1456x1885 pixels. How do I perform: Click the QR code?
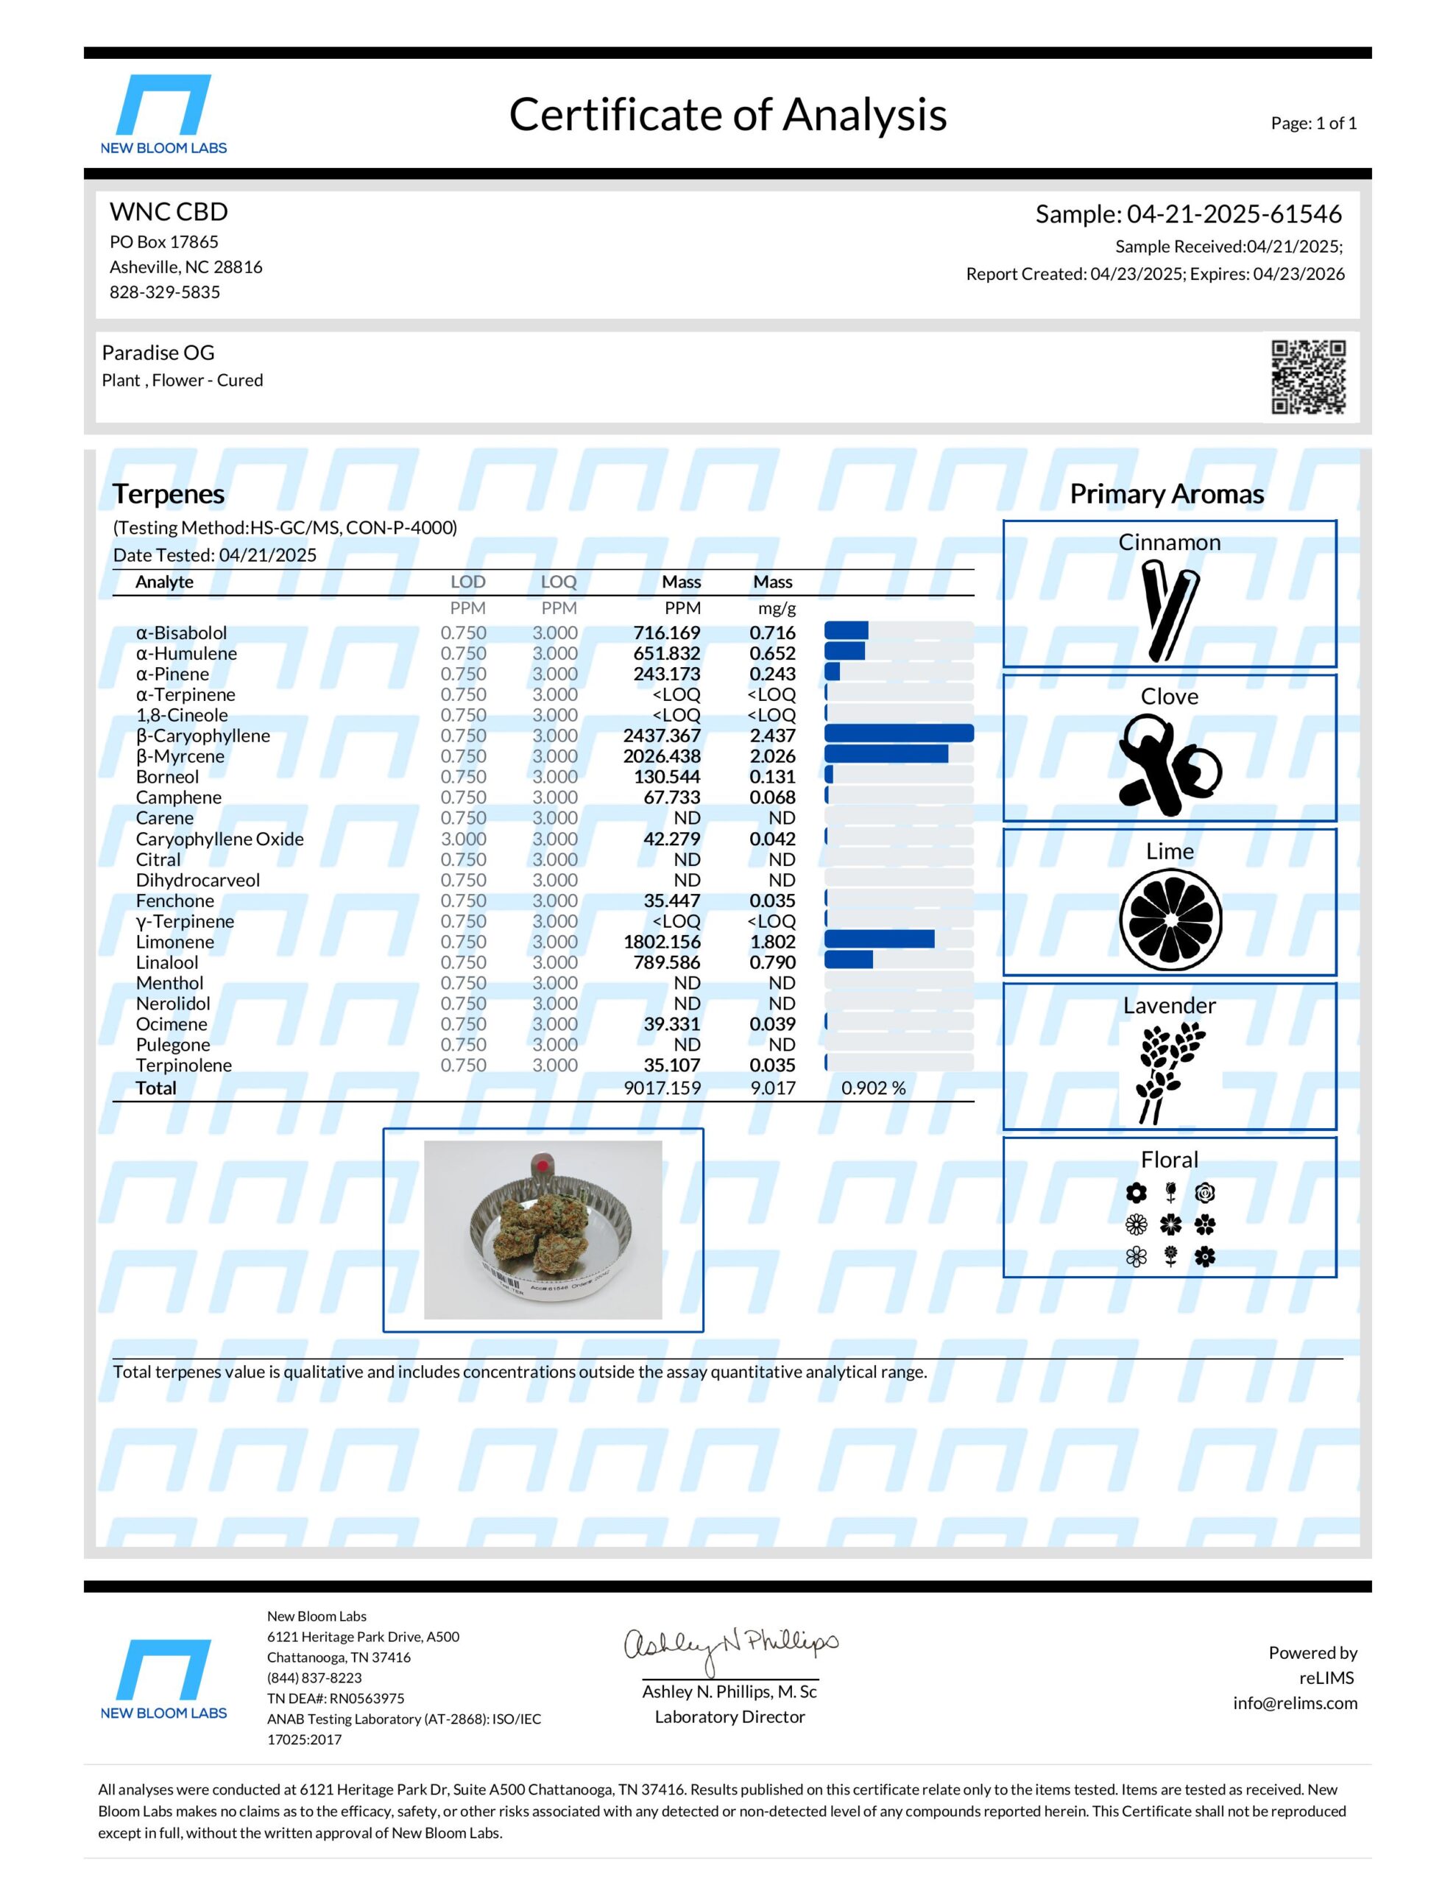(x=1307, y=377)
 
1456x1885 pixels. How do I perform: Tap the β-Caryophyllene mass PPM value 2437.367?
(x=661, y=736)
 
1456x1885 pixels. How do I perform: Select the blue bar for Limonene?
(x=879, y=939)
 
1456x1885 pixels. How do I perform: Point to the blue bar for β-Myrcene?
(x=886, y=754)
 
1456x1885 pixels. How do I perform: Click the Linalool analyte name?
(x=166, y=962)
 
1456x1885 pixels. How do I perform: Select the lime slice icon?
(x=1170, y=919)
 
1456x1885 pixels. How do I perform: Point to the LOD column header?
(x=467, y=582)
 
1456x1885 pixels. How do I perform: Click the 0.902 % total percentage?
(x=874, y=1088)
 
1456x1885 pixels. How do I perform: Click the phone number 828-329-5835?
(x=165, y=292)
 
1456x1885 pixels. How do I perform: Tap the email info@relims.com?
(x=1295, y=1703)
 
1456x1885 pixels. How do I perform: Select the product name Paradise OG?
(x=158, y=353)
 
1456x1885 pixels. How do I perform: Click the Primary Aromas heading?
(x=1167, y=493)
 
